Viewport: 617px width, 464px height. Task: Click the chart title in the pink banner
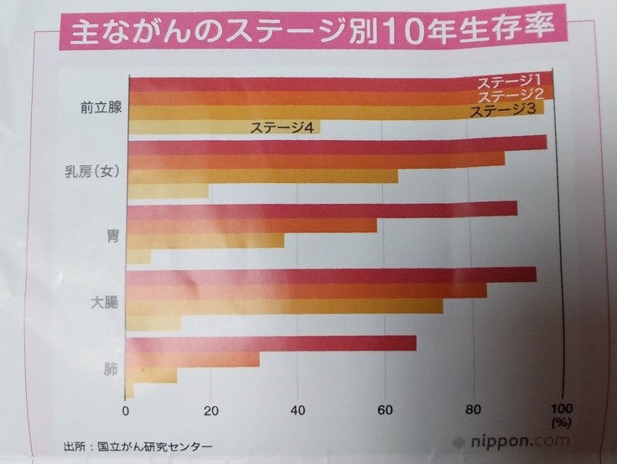(310, 31)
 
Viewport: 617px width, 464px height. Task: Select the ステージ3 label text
(503, 110)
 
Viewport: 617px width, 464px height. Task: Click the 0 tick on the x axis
(125, 411)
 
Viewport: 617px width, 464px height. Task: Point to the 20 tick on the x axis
(211, 411)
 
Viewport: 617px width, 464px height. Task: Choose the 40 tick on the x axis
(298, 411)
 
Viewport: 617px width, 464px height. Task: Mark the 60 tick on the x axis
(386, 411)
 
